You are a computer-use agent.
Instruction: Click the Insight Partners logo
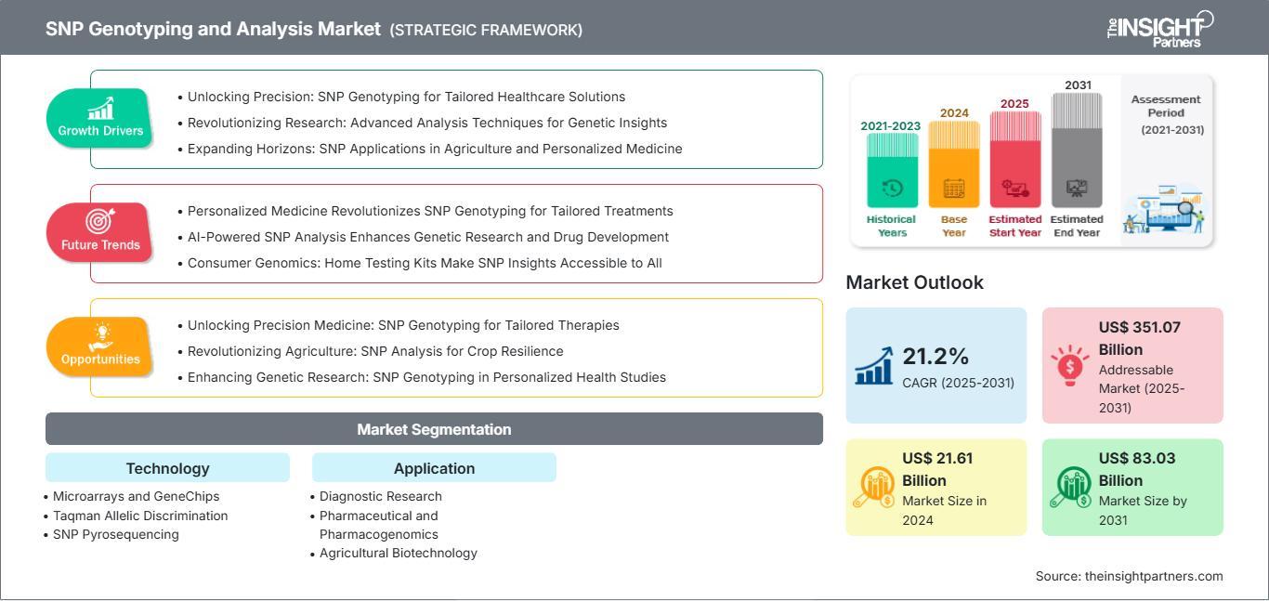click(x=1160, y=29)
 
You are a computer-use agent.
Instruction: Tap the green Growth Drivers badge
click(x=99, y=118)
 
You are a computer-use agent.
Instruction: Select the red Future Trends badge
click(x=99, y=233)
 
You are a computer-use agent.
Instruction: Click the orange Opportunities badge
click(x=99, y=347)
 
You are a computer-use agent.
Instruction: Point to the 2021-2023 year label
click(x=891, y=125)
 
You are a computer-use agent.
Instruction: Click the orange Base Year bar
click(x=954, y=164)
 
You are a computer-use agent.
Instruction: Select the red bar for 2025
click(x=1015, y=160)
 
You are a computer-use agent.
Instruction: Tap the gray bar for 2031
click(x=1077, y=150)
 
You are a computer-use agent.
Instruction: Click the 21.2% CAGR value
click(x=935, y=357)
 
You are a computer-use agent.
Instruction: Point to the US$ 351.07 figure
click(x=1140, y=327)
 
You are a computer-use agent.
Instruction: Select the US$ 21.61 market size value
click(x=937, y=458)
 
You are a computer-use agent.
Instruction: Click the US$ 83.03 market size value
click(x=1137, y=458)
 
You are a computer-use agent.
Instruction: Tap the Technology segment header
click(x=168, y=468)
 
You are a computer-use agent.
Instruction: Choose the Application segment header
click(x=434, y=468)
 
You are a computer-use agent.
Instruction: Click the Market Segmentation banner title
click(x=434, y=429)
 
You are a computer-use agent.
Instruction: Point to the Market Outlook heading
click(x=914, y=282)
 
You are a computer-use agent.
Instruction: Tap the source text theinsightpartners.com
click(x=1154, y=576)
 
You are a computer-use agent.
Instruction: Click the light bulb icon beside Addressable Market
click(x=1069, y=365)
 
